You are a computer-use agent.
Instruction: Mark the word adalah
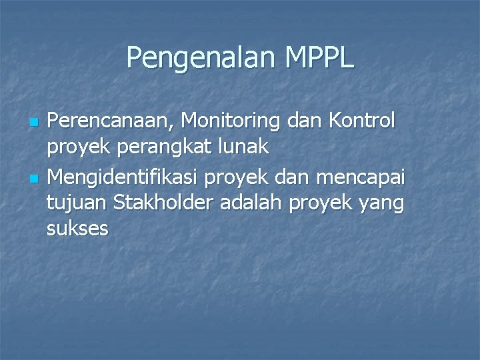[x=257, y=202]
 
